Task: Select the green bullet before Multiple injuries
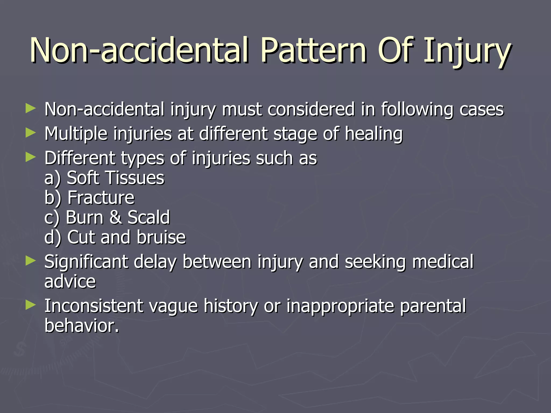click(30, 133)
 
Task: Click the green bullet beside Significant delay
click(30, 261)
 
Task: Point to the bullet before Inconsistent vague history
click(30, 305)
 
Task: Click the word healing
click(374, 134)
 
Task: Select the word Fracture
click(101, 198)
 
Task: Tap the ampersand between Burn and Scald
click(115, 217)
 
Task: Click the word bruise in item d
click(161, 237)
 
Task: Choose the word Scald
click(149, 217)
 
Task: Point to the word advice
click(70, 282)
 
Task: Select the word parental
click(433, 306)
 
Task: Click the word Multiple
click(76, 134)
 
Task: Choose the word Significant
click(86, 262)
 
